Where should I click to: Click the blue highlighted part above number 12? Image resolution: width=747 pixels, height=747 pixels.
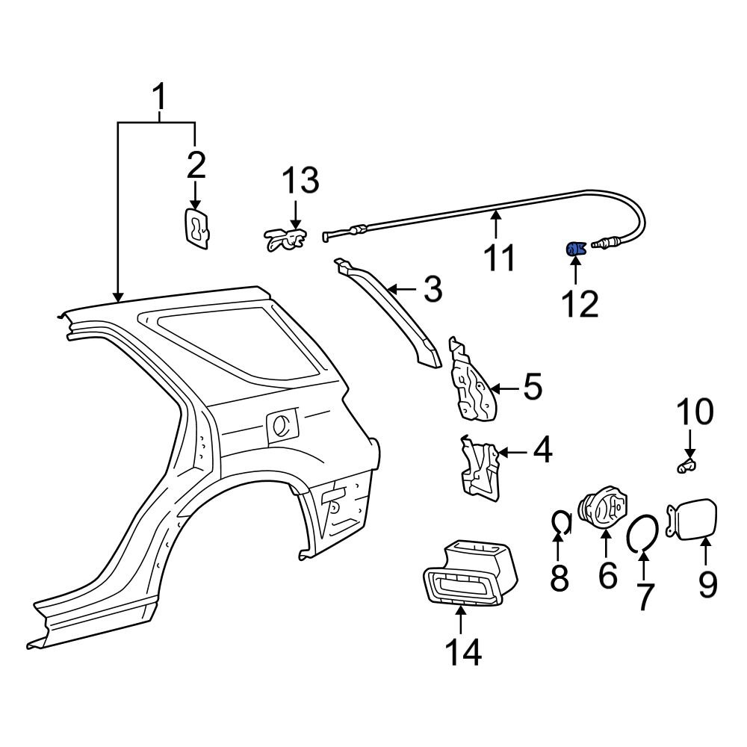(574, 249)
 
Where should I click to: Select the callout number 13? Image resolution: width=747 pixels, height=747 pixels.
(300, 182)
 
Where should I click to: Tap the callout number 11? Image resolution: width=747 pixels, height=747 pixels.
(498, 258)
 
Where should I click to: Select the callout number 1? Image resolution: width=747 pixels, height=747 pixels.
(159, 98)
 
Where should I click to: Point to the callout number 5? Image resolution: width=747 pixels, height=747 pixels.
(533, 388)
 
